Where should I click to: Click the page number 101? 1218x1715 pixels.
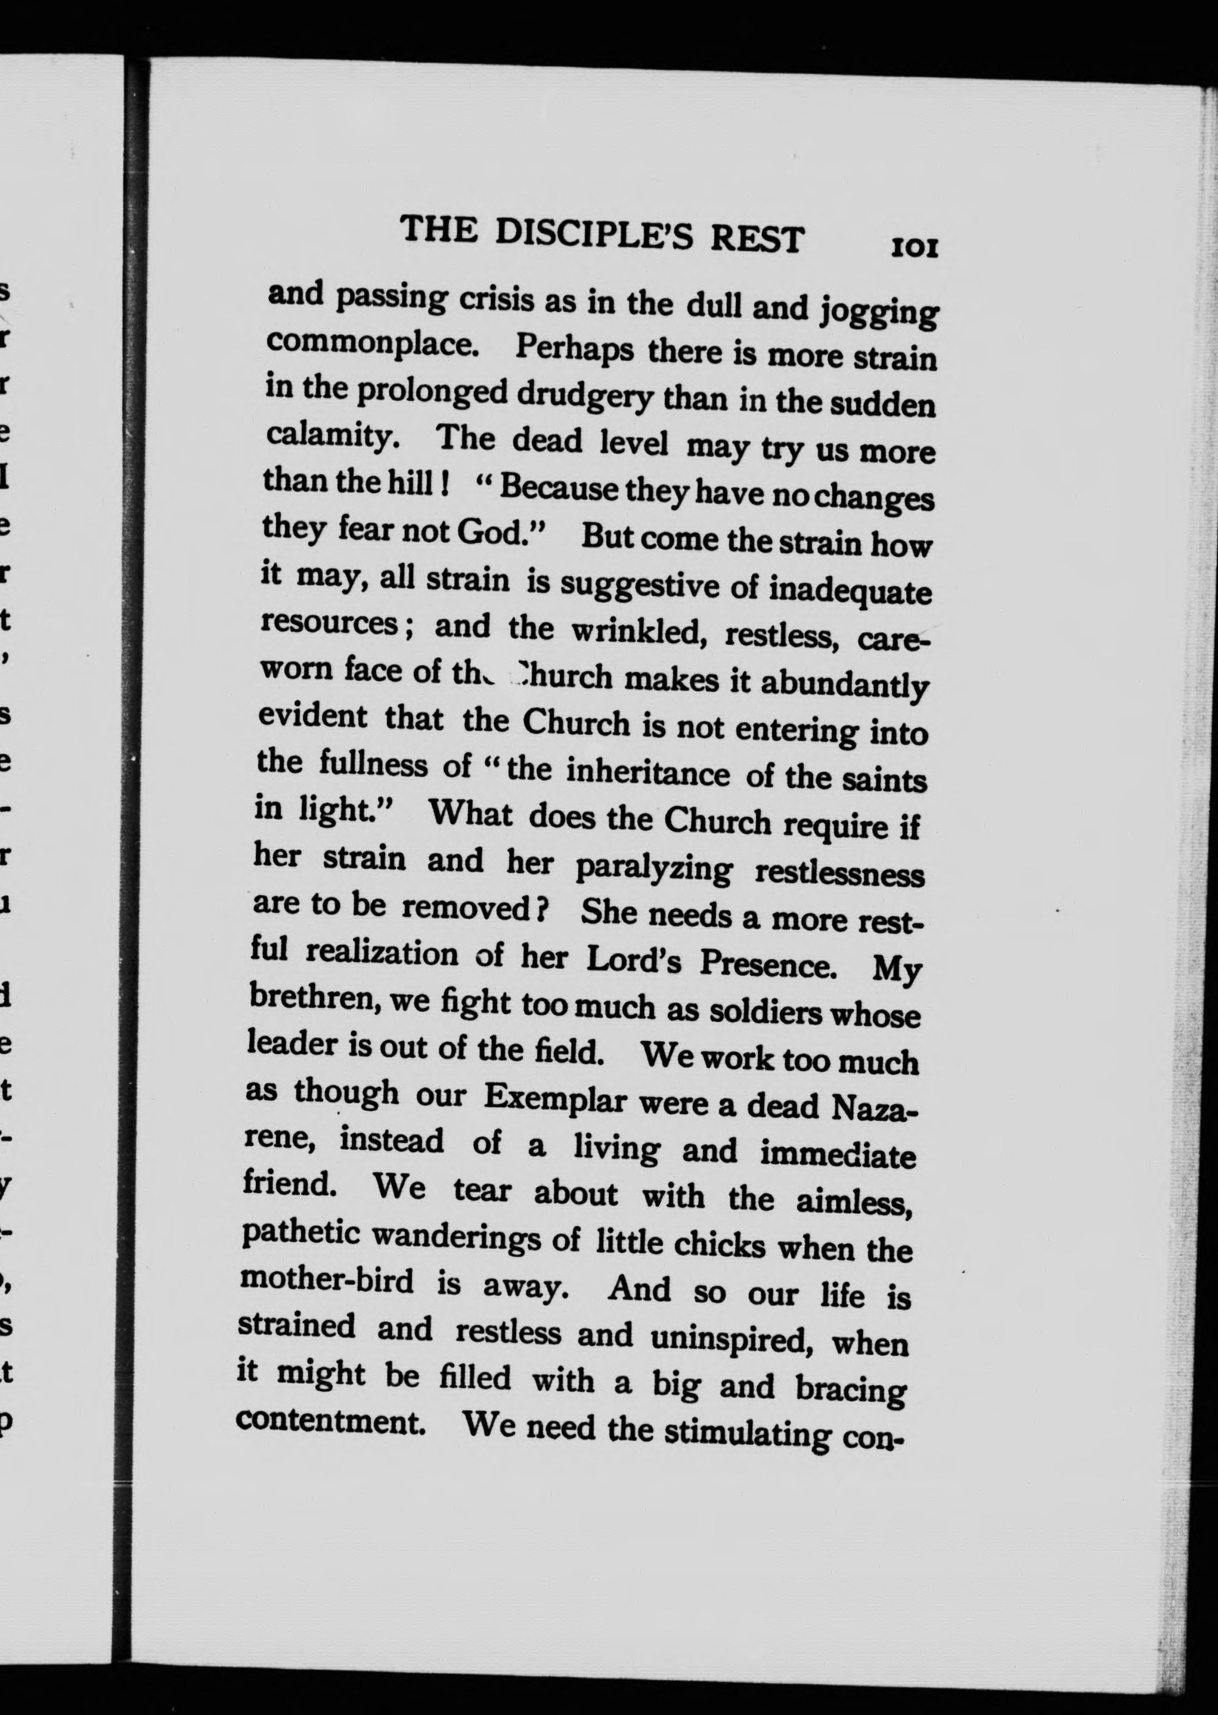click(913, 248)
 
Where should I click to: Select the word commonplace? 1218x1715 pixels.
click(379, 343)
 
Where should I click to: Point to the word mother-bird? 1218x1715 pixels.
click(327, 1279)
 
